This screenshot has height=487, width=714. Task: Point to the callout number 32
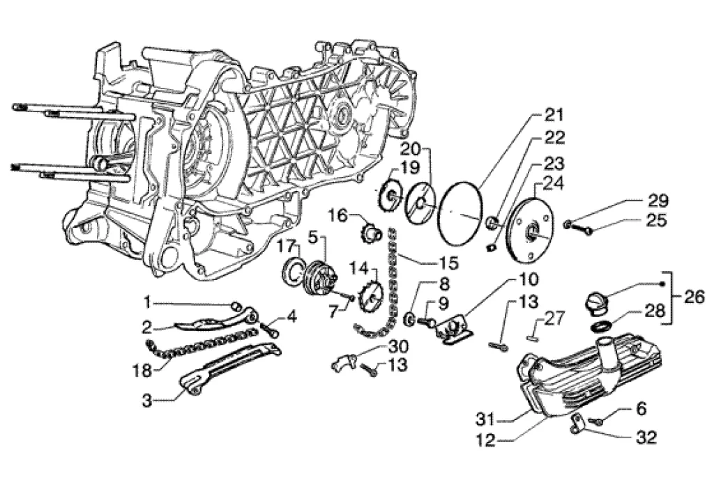click(646, 439)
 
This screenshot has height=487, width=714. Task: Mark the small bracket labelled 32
click(576, 424)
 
